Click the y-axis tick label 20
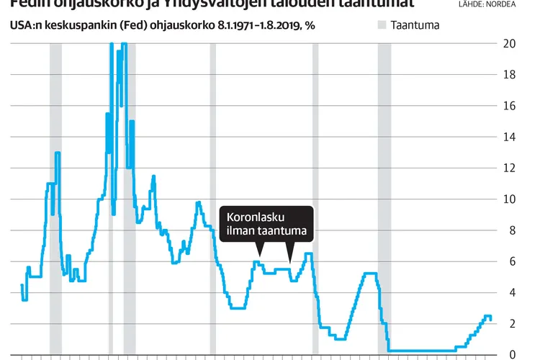pos(510,43)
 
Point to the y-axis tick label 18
pos(509,74)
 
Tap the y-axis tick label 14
pos(509,137)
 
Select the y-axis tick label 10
pos(509,199)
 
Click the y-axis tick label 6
pos(509,261)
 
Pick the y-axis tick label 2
pos(509,324)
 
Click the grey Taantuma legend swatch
pos(381,25)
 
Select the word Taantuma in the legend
pos(415,25)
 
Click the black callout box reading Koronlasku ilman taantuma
pos(266,224)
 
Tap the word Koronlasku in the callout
pos(256,216)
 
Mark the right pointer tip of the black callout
pos(290,262)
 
